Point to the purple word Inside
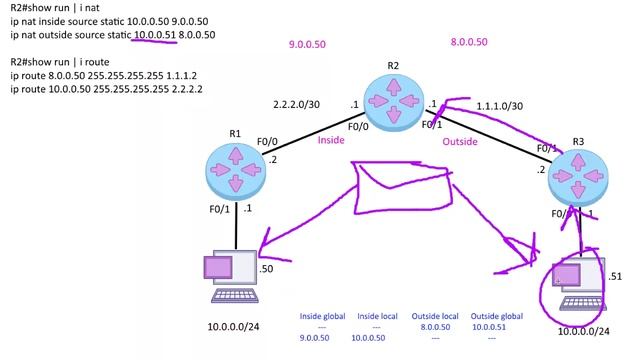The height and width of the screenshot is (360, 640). pos(331,140)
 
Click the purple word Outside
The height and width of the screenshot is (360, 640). pos(461,141)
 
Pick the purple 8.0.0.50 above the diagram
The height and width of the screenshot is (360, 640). pos(468,42)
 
